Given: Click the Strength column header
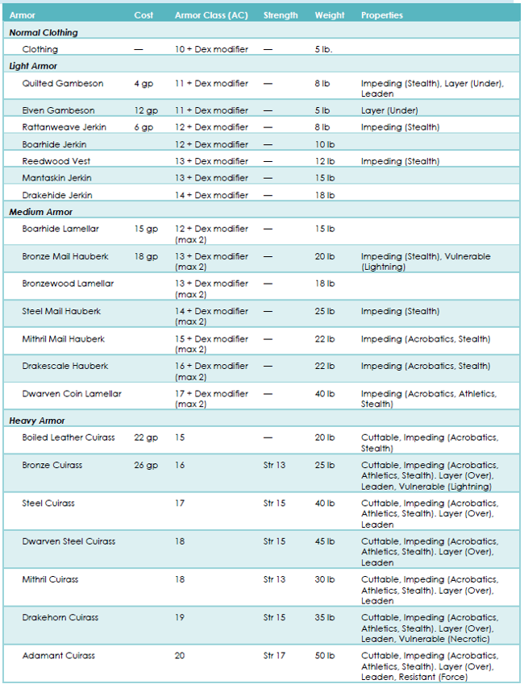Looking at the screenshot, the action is point(281,15).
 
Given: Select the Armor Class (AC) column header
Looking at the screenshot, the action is point(211,15).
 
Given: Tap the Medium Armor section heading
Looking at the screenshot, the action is point(40,212).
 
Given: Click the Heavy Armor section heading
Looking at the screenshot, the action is point(37,421).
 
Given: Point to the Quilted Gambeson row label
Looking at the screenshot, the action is point(63,83).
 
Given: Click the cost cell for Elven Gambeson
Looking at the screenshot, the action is point(146,111).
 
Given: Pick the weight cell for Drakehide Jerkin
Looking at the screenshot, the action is point(325,195).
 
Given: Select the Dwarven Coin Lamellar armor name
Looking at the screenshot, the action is point(72,393).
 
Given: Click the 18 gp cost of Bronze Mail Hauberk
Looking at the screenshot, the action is point(146,256).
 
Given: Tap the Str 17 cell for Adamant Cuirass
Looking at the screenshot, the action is point(274,656).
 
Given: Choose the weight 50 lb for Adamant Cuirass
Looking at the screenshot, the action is point(325,656).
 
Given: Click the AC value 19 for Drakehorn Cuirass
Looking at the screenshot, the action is point(180,617).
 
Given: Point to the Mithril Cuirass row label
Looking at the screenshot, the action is point(50,579).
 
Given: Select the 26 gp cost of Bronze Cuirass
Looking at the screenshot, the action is point(146,466).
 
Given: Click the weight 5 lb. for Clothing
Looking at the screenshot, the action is point(323,49).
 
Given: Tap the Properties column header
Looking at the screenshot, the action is point(381,15).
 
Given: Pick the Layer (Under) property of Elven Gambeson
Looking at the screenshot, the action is point(389,111).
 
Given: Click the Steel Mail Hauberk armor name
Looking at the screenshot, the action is point(61,311).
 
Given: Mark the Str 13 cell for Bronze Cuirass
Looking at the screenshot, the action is point(274,465).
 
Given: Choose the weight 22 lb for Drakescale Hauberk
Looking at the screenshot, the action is point(325,366).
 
